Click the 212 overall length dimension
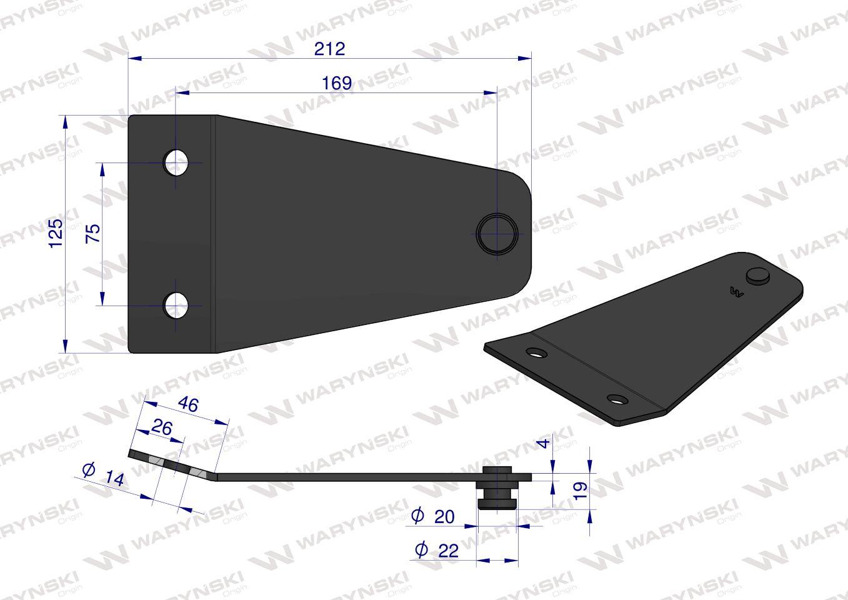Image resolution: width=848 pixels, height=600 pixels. click(330, 49)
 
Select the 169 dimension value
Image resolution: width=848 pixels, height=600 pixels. click(337, 83)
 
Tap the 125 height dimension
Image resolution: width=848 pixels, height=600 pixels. click(56, 233)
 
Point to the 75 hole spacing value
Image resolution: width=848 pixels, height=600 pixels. click(93, 233)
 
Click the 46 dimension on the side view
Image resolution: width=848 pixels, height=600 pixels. click(188, 404)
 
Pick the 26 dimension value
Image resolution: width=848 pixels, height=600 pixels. click(162, 427)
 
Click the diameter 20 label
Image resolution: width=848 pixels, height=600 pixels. click(432, 516)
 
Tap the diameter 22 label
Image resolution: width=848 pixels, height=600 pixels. click(437, 550)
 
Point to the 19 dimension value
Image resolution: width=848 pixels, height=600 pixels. click(581, 491)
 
